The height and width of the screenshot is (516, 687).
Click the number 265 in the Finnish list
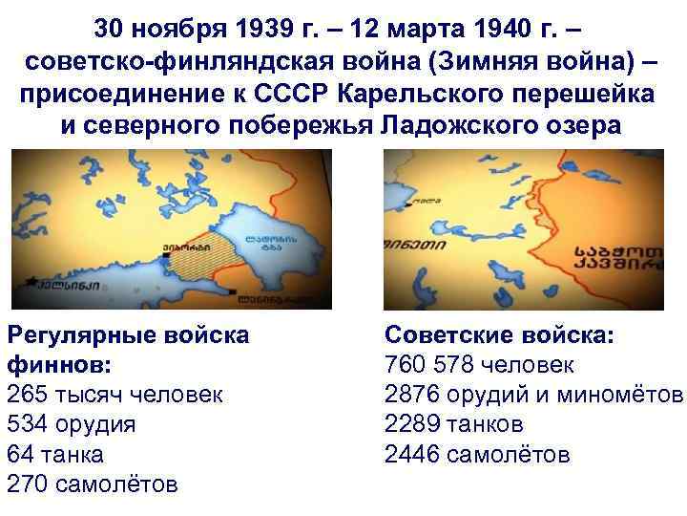[26, 394]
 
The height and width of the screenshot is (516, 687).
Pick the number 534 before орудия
[26, 423]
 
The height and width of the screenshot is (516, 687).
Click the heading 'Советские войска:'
[499, 334]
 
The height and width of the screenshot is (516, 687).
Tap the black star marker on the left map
[35, 284]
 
